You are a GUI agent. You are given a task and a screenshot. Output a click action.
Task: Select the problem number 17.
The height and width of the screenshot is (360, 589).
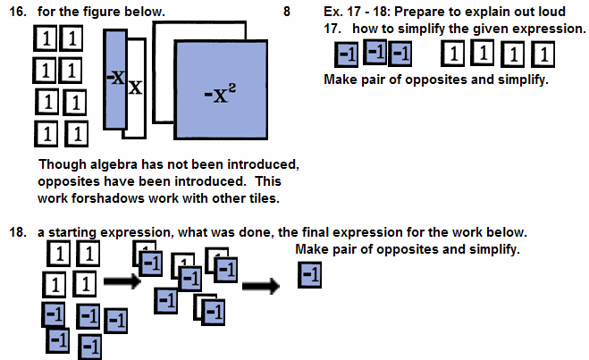click(334, 29)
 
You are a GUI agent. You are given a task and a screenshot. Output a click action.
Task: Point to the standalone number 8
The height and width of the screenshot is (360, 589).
click(286, 13)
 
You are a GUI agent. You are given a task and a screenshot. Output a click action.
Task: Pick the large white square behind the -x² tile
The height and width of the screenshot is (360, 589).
click(164, 71)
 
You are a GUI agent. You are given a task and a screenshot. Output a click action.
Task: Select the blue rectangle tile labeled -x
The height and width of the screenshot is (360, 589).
click(114, 79)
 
